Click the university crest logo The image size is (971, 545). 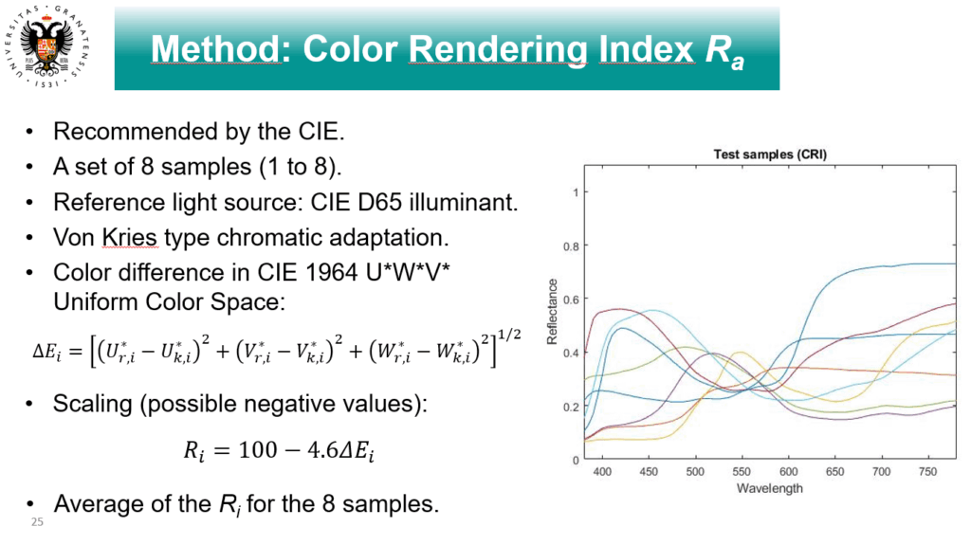point(48,46)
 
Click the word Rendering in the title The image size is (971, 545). point(498,49)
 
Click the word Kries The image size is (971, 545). point(130,238)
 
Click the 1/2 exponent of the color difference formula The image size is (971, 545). point(509,335)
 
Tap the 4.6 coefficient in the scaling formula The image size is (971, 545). point(322,449)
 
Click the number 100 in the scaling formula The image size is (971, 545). point(258,449)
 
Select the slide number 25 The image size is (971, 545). point(37,522)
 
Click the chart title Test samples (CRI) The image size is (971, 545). point(770,154)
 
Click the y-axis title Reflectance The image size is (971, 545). point(552,312)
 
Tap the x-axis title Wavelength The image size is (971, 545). point(770,489)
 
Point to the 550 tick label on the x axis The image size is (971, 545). point(742,472)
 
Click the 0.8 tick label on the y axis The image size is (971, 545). point(571,246)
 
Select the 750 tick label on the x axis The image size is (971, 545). point(927,472)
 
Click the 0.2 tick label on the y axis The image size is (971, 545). point(571,407)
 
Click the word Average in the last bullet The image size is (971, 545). point(93,504)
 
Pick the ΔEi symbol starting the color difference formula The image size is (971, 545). point(47,352)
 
